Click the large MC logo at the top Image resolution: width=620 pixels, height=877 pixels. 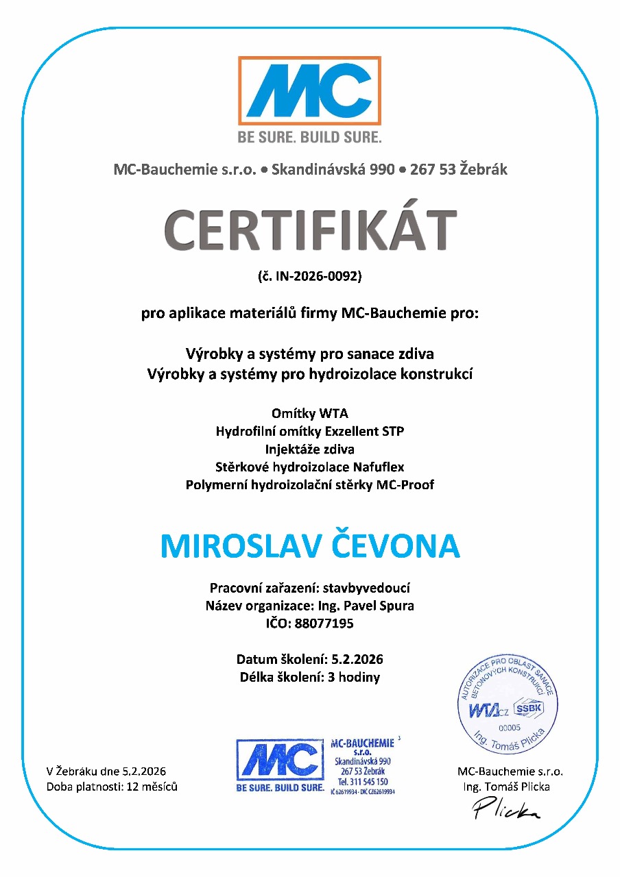[309, 91]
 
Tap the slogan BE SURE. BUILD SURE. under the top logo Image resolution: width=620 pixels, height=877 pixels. [309, 137]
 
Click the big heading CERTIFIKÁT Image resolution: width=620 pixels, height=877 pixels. [310, 230]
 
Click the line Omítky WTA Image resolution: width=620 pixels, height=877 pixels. [310, 414]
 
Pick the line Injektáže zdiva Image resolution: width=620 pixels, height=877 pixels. [310, 449]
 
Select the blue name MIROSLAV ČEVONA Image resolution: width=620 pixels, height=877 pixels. [310, 545]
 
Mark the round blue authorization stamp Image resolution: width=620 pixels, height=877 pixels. [512, 706]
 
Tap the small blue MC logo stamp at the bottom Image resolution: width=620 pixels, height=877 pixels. [280, 766]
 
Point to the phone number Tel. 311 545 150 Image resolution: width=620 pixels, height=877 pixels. [363, 782]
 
